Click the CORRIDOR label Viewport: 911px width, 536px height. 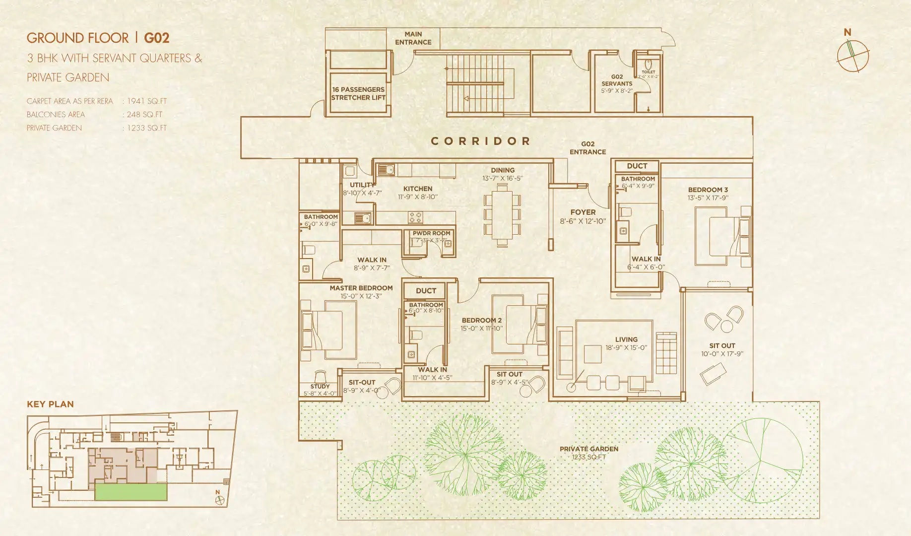pyautogui.click(x=480, y=141)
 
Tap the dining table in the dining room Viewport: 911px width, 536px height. pyautogui.click(x=502, y=214)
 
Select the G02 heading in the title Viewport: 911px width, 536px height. pyautogui.click(x=157, y=38)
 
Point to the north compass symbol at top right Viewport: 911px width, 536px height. pyautogui.click(x=852, y=56)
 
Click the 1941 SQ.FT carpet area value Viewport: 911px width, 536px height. pyautogui.click(x=147, y=101)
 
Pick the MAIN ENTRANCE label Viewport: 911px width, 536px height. pyautogui.click(x=413, y=38)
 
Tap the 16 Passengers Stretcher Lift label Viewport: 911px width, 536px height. pyautogui.click(x=358, y=94)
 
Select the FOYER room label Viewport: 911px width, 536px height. pyautogui.click(x=583, y=212)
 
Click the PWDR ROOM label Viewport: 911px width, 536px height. pyautogui.click(x=431, y=233)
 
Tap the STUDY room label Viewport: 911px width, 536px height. pyautogui.click(x=320, y=386)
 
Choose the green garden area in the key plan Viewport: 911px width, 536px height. pyautogui.click(x=131, y=492)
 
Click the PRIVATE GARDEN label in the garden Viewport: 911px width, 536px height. pyautogui.click(x=589, y=449)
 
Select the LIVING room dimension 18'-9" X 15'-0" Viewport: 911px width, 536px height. pyautogui.click(x=626, y=347)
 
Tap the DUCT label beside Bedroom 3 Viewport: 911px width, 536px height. pyautogui.click(x=637, y=166)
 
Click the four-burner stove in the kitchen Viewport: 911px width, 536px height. pyautogui.click(x=415, y=217)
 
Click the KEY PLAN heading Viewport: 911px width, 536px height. pyautogui.click(x=50, y=404)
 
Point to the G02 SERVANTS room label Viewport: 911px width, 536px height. pyautogui.click(x=617, y=80)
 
